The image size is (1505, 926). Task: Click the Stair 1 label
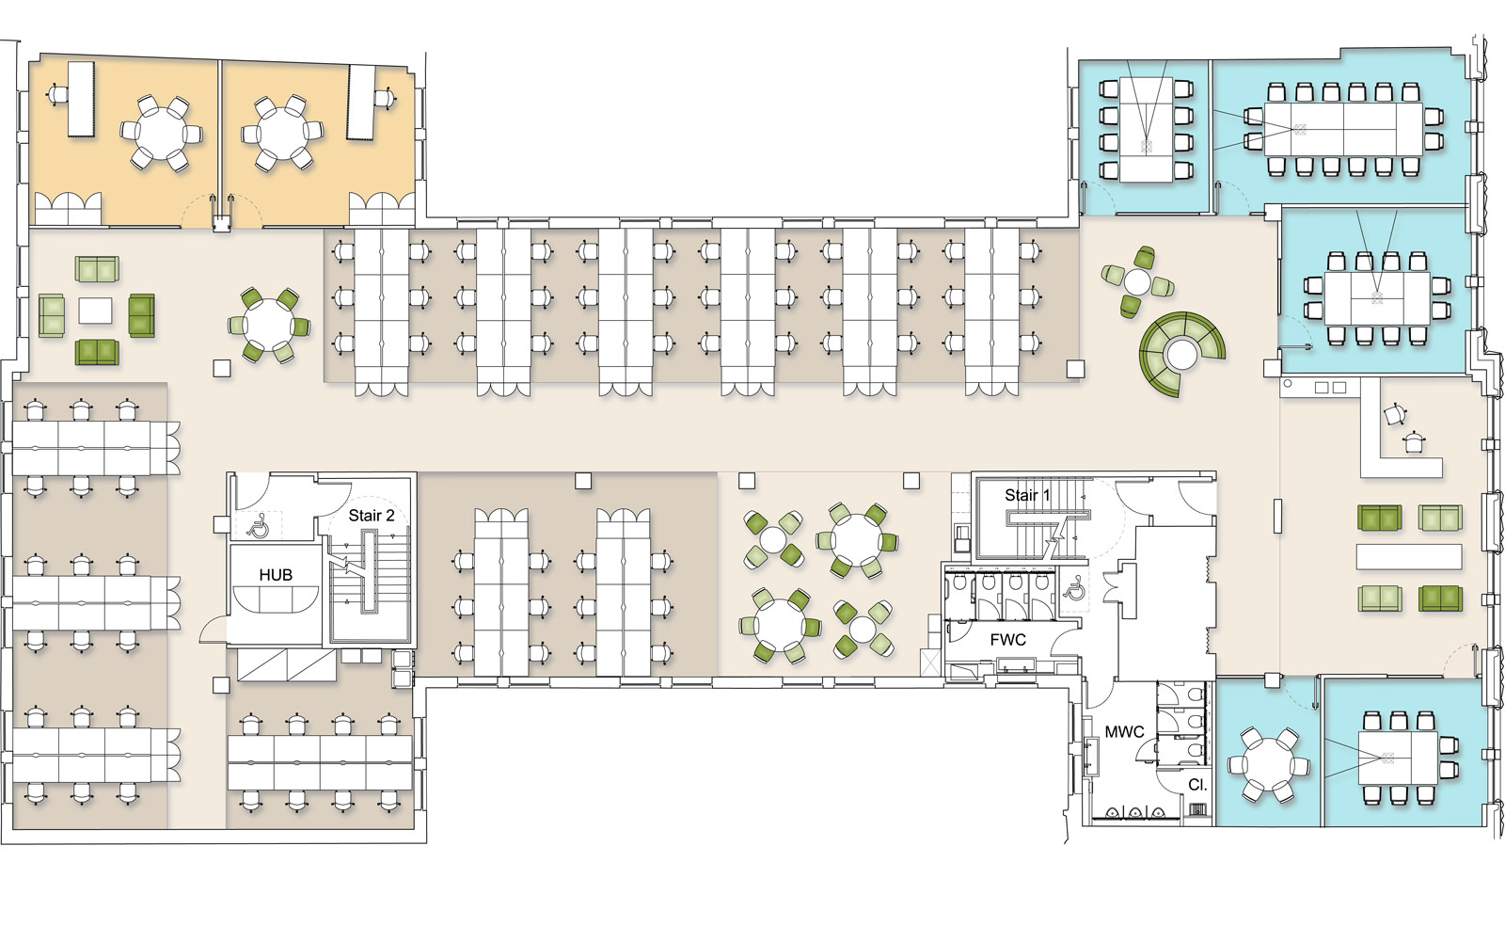tap(1026, 495)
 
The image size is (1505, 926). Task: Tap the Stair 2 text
tap(371, 516)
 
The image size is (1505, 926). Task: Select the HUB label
tap(276, 575)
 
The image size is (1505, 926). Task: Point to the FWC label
tap(1007, 640)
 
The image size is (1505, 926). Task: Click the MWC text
tap(1124, 732)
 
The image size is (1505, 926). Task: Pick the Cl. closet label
tap(1198, 784)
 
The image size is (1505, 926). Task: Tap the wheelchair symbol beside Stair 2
tap(258, 526)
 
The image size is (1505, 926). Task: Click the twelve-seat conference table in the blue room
tap(1343, 130)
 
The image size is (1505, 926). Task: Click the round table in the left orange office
tap(161, 134)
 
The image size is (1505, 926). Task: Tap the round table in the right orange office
tap(281, 133)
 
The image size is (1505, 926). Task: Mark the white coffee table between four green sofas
tap(95, 311)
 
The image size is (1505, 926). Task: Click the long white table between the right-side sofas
tap(1409, 557)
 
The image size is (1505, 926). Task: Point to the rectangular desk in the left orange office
tap(81, 100)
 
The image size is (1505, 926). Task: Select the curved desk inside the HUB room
tap(276, 599)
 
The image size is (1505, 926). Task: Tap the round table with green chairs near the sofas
tap(267, 326)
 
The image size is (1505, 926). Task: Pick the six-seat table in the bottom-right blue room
tap(1398, 758)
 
